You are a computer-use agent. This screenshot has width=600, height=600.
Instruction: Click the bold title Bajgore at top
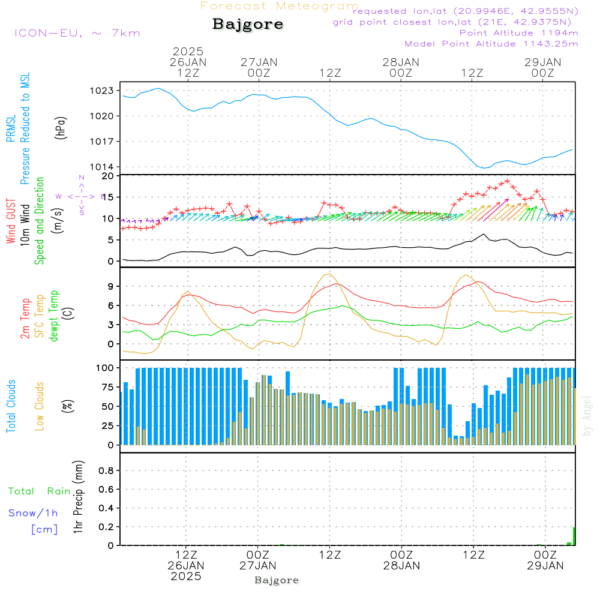tap(248, 25)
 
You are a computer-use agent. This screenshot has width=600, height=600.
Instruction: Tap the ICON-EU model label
tap(77, 32)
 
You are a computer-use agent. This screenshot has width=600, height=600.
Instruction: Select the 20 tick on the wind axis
tap(108, 176)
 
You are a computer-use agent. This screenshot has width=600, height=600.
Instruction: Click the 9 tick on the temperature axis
tap(110, 286)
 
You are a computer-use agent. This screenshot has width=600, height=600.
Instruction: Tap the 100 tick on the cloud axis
tap(106, 367)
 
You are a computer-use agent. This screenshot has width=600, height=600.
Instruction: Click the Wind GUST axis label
tap(11, 221)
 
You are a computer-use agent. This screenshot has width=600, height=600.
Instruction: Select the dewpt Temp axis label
tap(54, 316)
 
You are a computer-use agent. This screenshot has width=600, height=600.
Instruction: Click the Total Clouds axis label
tap(11, 406)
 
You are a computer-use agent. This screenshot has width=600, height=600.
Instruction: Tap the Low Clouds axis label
tap(40, 406)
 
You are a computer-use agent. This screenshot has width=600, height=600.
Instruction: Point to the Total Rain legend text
tap(39, 491)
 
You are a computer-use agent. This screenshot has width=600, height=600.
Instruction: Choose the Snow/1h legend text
tap(34, 513)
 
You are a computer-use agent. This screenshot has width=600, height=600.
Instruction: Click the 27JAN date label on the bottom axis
tap(258, 565)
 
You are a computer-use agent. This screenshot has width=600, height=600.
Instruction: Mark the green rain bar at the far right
tap(574, 536)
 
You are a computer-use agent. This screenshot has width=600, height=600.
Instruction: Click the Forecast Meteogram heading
tap(280, 6)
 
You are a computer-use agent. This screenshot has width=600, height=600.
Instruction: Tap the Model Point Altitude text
tap(491, 44)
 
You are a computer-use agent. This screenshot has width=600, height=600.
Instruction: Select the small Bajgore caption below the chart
tap(277, 580)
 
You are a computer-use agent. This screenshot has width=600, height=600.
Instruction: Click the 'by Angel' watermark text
tap(587, 415)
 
